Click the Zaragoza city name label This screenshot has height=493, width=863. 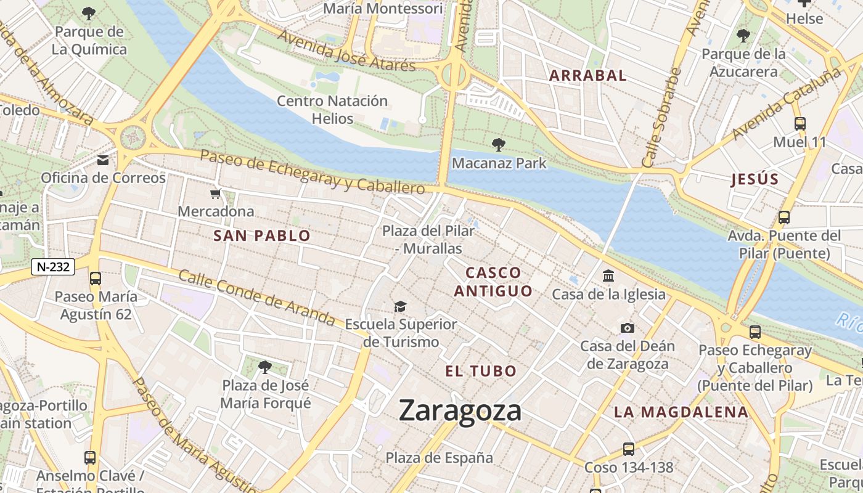tap(460, 410)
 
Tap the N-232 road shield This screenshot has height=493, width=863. tap(53, 267)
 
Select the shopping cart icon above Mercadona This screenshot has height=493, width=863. tap(215, 194)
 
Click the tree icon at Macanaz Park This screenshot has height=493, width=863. tap(499, 145)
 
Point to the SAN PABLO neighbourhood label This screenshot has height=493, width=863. tap(262, 235)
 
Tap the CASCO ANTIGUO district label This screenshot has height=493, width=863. tap(493, 282)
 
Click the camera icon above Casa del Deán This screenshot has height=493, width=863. tap(628, 328)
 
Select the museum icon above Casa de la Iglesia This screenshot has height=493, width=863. tap(608, 275)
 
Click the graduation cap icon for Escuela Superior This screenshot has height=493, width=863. tap(401, 306)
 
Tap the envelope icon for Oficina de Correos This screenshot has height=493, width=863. tap(103, 160)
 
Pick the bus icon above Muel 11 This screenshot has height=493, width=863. tap(800, 123)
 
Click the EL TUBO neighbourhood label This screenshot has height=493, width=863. tap(481, 371)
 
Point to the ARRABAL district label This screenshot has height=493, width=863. tap(587, 76)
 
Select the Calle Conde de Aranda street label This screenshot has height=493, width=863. tap(256, 298)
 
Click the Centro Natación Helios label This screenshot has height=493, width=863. tap(332, 109)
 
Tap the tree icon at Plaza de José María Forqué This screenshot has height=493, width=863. tap(265, 367)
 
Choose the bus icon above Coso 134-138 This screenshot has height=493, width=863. tap(628, 449)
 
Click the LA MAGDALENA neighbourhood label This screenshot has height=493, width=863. tap(681, 412)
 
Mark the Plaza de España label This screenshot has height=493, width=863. tap(439, 458)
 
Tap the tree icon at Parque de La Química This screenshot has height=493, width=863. tap(89, 13)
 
